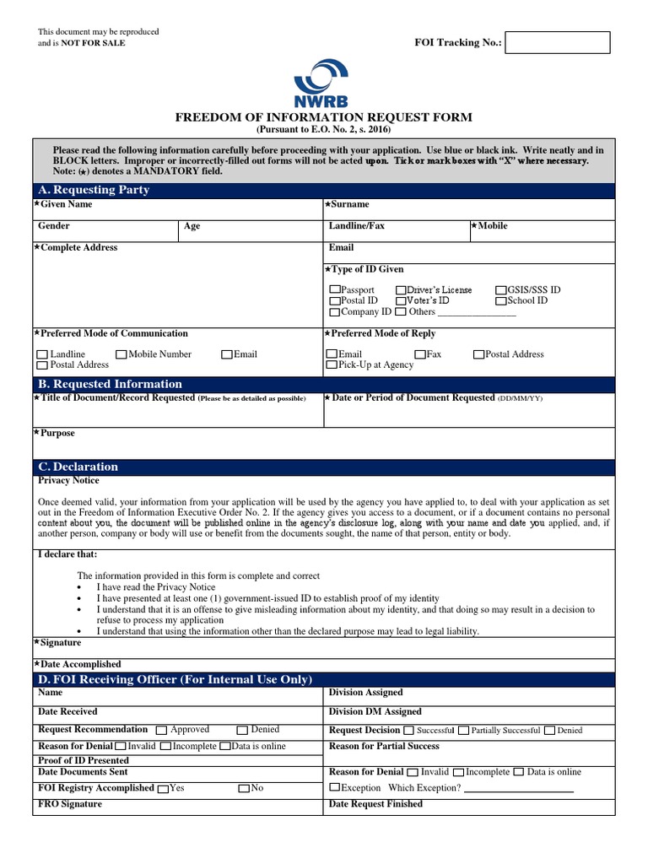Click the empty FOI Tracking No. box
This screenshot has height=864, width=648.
tap(557, 43)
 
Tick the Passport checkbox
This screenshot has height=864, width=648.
tap(334, 290)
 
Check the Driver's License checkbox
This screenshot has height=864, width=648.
tap(401, 290)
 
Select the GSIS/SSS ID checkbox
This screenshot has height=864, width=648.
tap(500, 290)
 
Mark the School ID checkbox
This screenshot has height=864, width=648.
tap(500, 301)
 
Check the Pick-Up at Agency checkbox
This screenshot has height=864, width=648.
tap(332, 365)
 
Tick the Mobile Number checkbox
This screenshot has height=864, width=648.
tap(121, 355)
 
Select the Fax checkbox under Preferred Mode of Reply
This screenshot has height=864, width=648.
tap(420, 355)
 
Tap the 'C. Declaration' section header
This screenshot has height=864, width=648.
tap(78, 467)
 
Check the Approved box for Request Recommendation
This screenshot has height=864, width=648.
tap(163, 730)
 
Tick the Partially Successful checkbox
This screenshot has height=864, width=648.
tap(464, 731)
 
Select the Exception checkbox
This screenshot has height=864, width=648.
tap(334, 788)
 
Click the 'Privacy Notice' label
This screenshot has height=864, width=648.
tap(68, 481)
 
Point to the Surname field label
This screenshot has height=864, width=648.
tap(348, 205)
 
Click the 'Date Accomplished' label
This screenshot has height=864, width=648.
tap(79, 664)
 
